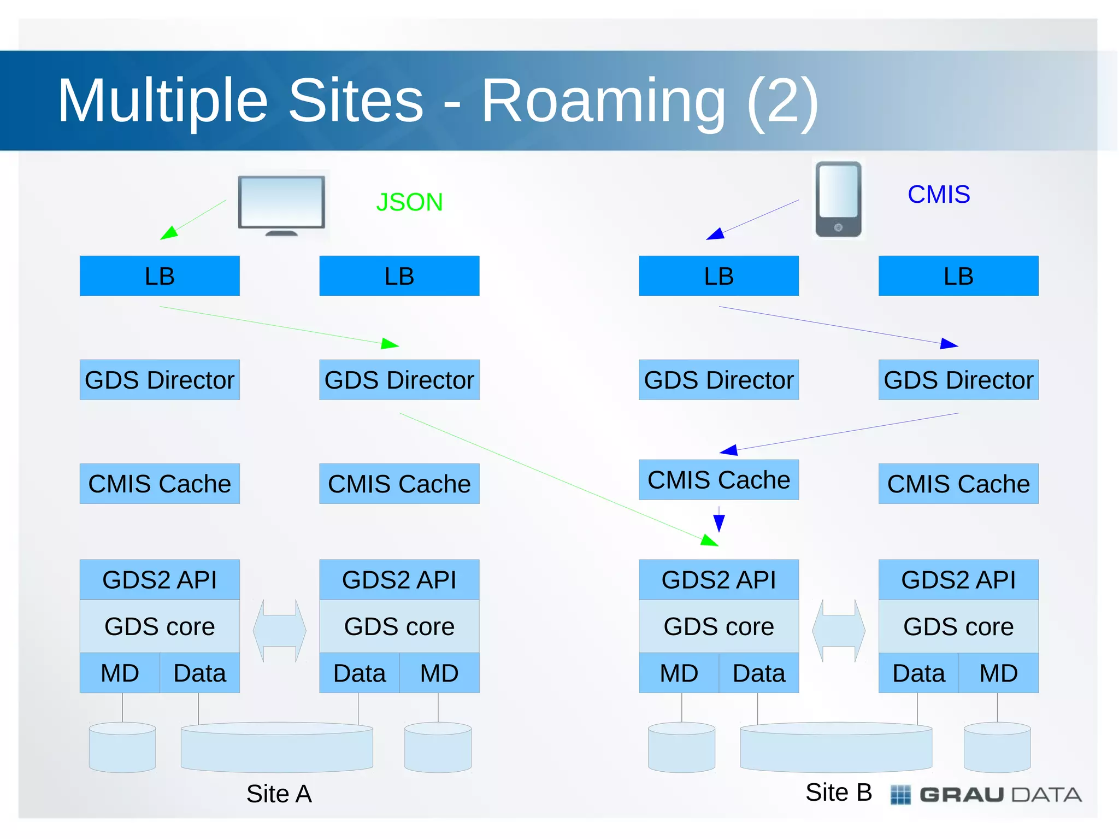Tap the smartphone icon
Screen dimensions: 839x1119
[838, 199]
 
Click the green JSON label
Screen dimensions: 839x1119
[409, 202]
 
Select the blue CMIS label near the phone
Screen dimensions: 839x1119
[938, 195]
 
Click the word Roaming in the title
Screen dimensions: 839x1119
[603, 101]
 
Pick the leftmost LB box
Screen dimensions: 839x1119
[160, 276]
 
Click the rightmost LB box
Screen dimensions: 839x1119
[958, 276]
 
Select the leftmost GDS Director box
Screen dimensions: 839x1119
[160, 380]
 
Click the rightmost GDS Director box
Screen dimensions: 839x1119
[958, 380]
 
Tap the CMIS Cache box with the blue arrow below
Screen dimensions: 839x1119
[718, 480]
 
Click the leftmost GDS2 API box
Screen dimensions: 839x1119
[160, 579]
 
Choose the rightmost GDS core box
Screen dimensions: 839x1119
[958, 626]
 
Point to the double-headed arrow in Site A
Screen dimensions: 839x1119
[279, 631]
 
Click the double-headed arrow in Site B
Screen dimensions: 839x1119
[838, 631]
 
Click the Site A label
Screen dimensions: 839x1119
[279, 794]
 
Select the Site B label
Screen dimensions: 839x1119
[838, 792]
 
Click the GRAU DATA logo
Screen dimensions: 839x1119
[986, 794]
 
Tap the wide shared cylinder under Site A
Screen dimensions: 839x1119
[276, 748]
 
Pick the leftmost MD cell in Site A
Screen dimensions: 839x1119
[120, 673]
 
